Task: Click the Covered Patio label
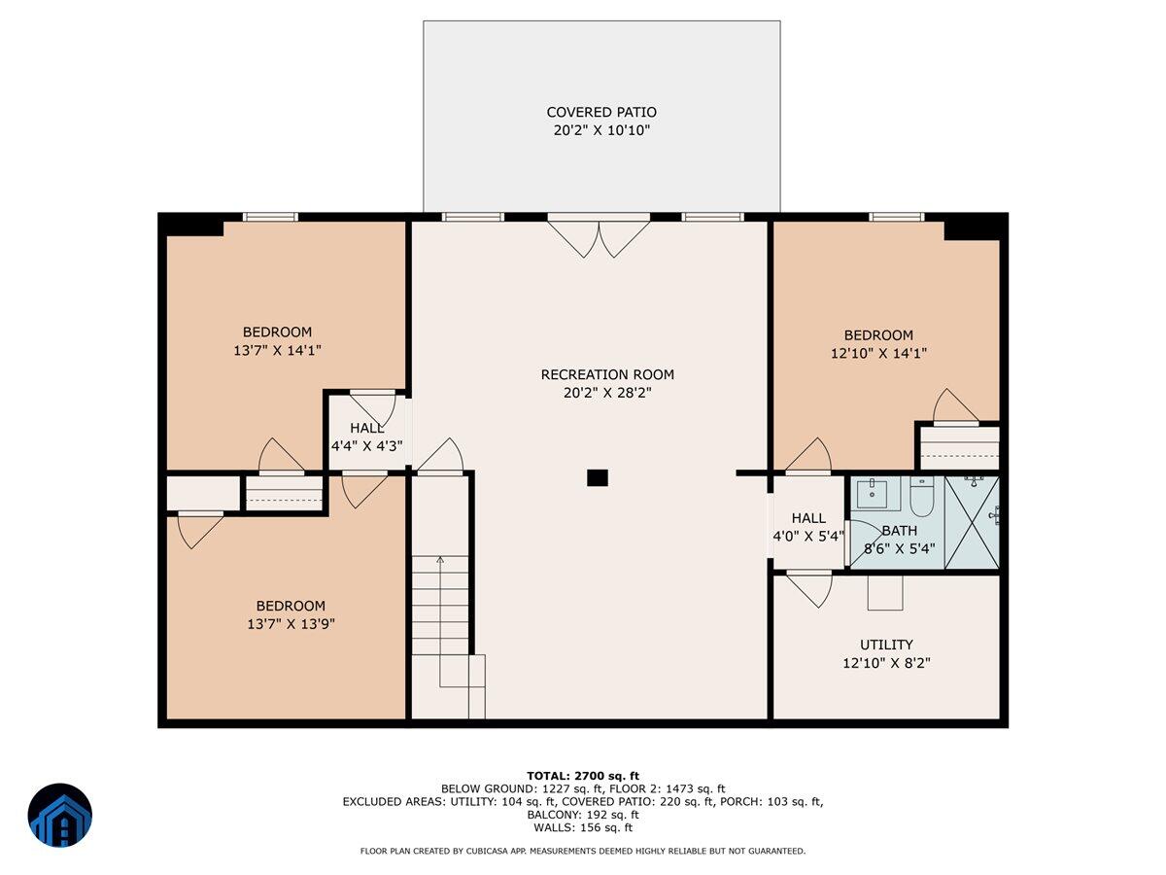pos(601,112)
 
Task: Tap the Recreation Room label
pos(607,374)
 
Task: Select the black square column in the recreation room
pos(597,477)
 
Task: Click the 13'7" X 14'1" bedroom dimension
pos(277,350)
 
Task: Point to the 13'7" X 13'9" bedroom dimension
pos(291,623)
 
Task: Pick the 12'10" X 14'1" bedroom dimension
pos(878,353)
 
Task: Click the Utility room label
pos(886,645)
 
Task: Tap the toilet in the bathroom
pos(922,498)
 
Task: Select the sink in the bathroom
pos(874,494)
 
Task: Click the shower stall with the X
pos(972,523)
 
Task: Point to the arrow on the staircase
pos(440,621)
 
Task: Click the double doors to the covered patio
pos(599,236)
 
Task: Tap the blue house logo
pos(60,815)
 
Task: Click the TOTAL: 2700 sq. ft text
pos(583,776)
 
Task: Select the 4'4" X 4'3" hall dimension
pos(366,445)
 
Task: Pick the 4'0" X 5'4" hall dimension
pos(808,536)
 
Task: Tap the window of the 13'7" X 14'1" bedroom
pos(270,217)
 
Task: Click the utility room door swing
pos(809,589)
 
